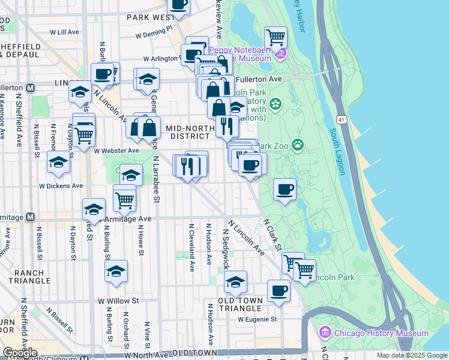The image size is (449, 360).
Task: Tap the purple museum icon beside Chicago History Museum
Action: tap(325, 332)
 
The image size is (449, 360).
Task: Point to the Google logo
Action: tap(20, 352)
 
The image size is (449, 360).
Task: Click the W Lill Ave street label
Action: tap(65, 32)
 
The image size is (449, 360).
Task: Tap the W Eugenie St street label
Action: tap(258, 320)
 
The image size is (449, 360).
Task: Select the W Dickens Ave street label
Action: tap(61, 186)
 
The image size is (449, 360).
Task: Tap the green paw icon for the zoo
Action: tap(298, 144)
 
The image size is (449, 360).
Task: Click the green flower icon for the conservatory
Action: tap(276, 104)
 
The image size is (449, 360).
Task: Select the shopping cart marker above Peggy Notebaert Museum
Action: tap(276, 37)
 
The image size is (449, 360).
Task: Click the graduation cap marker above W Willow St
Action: tap(116, 271)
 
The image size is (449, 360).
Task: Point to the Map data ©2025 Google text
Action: tap(411, 355)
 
